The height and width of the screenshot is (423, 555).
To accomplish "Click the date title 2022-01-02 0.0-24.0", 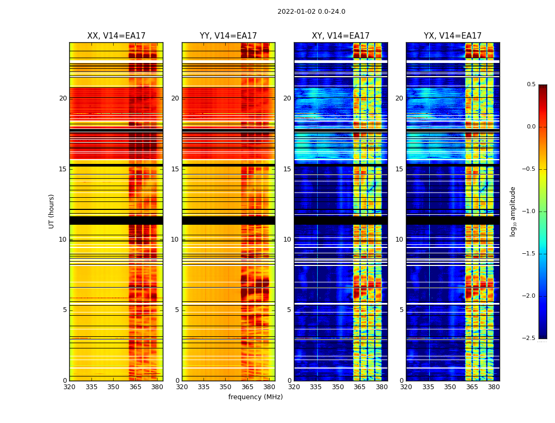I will [x=311, y=12].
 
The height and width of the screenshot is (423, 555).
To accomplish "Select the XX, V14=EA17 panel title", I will [x=116, y=36].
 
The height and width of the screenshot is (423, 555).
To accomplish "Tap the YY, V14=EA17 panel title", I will [x=228, y=36].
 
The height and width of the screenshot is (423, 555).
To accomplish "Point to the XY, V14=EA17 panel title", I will [x=340, y=36].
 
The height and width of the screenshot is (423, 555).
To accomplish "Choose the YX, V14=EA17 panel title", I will [x=452, y=36].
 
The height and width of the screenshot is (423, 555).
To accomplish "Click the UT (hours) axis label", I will [x=52, y=211].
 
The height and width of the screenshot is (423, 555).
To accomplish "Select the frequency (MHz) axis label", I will [x=255, y=397].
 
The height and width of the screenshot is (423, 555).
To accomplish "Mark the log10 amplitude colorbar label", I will [x=513, y=211].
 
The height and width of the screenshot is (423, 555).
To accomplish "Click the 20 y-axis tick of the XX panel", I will [x=63, y=98].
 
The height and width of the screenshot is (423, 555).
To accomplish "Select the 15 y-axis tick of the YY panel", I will [x=175, y=169].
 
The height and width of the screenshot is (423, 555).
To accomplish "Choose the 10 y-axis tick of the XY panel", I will [x=287, y=240].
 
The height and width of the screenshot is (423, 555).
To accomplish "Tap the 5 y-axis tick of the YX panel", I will [x=401, y=310].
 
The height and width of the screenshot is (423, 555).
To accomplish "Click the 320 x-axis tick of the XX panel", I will [x=69, y=387].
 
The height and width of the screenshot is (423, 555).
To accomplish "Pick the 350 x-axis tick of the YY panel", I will [x=226, y=387].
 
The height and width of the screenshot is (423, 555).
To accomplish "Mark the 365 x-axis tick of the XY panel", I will [x=359, y=387].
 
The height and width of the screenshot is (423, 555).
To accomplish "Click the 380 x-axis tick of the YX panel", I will [x=494, y=387].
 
